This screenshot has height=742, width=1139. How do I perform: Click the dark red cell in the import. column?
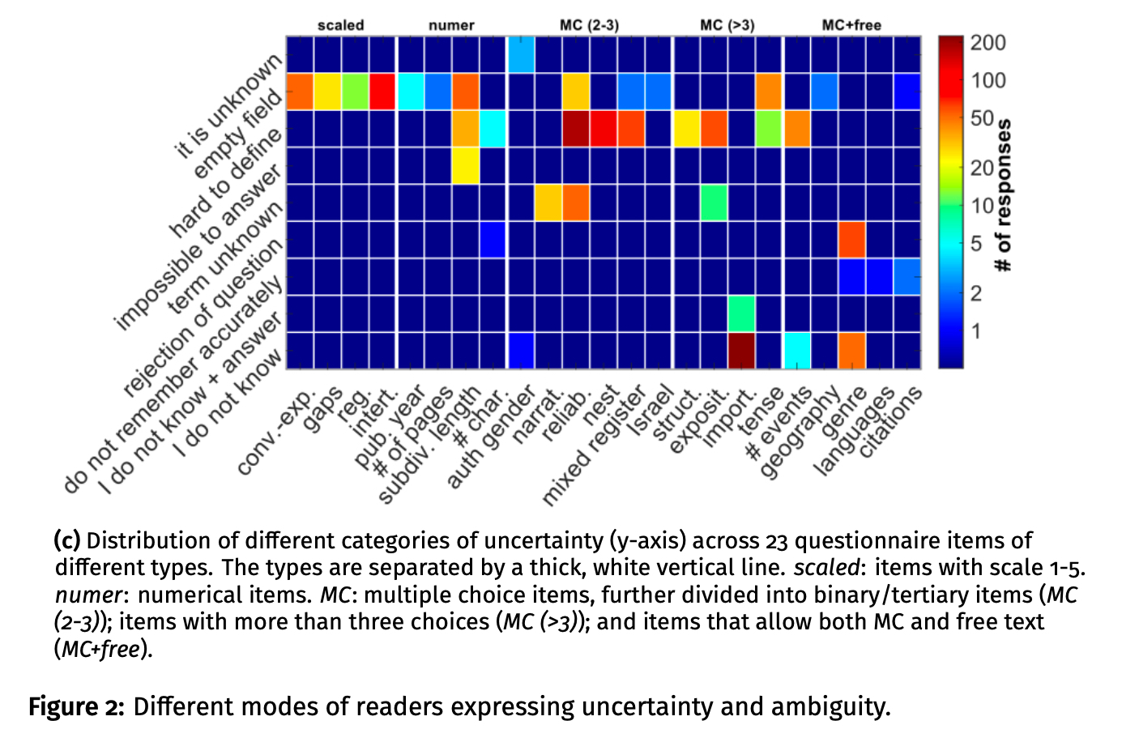pos(741,350)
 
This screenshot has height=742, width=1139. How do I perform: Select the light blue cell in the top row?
pos(521,54)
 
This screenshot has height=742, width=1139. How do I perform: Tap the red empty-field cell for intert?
pos(383,91)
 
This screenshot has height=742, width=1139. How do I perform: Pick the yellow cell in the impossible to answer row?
pos(466,165)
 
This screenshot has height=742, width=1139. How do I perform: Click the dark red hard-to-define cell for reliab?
pos(576,128)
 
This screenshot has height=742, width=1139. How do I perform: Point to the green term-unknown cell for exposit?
pos(714,203)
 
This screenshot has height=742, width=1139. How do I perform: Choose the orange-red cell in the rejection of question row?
pos(851,239)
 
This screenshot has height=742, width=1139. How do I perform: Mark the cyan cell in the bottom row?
pos(796,350)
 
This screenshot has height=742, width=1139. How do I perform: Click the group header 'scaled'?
pos(340,25)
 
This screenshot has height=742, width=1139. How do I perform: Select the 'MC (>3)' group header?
pos(727,25)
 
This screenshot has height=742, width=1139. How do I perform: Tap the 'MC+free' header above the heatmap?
pos(851,25)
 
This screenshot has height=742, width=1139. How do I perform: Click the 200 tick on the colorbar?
pos(988,43)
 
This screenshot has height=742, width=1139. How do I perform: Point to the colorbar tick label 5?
pos(976,243)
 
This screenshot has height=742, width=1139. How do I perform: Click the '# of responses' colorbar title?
pos(1005,195)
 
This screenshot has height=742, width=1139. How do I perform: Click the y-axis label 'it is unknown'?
pos(229,105)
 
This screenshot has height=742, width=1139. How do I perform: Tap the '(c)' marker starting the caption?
pos(67,540)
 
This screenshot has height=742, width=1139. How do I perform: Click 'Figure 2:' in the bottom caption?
pos(76,706)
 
